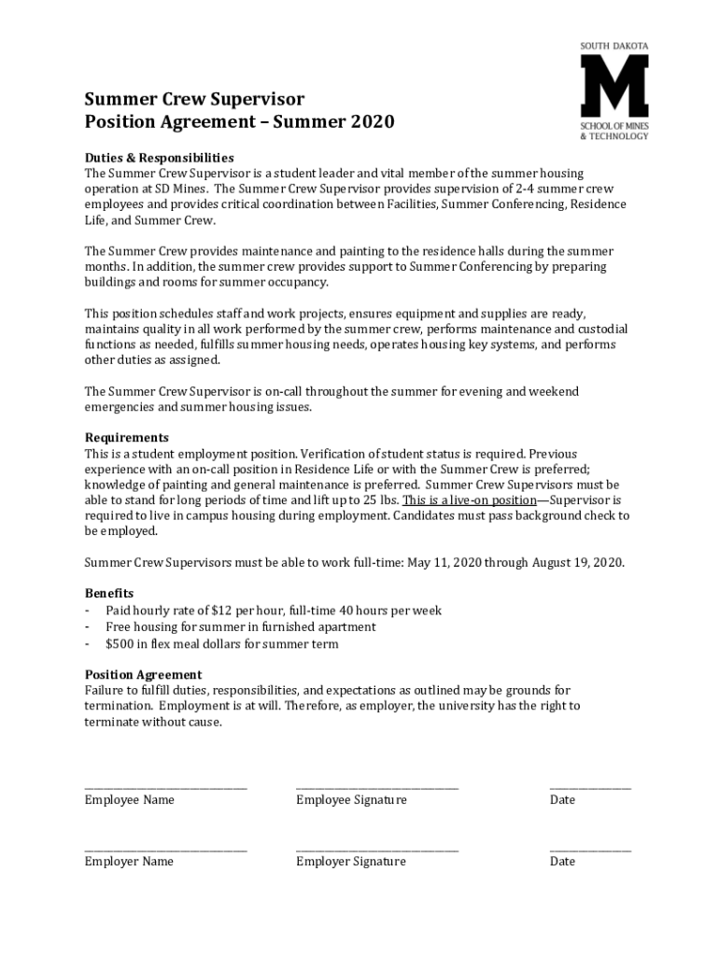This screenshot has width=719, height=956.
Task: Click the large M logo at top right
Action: click(x=614, y=86)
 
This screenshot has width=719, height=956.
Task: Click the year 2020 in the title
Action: click(x=371, y=122)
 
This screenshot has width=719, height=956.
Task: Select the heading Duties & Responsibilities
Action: click(x=160, y=157)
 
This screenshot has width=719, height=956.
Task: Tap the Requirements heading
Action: click(x=127, y=437)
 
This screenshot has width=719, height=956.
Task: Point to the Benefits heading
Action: click(x=109, y=593)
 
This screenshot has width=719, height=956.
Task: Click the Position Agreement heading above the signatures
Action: click(x=143, y=674)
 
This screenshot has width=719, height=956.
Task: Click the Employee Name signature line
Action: click(x=166, y=787)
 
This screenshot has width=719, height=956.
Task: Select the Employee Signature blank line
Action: click(x=377, y=787)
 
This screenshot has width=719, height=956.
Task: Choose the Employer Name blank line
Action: click(x=166, y=849)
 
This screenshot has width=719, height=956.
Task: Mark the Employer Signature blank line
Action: click(x=377, y=849)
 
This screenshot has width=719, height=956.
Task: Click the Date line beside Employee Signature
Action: click(x=590, y=787)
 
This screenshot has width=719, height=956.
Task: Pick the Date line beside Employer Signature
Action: click(x=590, y=849)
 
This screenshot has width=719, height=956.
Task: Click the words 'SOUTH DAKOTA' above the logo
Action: click(x=614, y=45)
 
